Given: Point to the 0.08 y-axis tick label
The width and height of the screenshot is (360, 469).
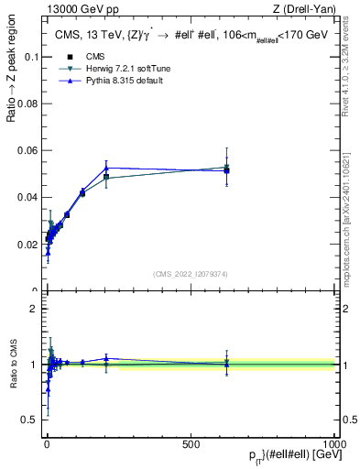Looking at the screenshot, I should point(26,103).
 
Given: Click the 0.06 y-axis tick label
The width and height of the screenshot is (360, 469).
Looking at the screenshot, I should point(26,150).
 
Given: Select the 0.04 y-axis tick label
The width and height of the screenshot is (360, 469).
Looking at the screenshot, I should point(26,197).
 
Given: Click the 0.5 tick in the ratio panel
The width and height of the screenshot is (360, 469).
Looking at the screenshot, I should point(28,420).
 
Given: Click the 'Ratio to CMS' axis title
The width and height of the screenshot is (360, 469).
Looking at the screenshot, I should point(12,365).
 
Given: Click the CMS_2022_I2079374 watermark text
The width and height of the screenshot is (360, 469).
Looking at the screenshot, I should point(191,272).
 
